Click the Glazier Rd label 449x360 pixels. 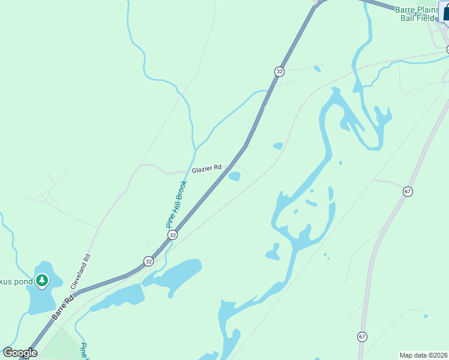(206, 169)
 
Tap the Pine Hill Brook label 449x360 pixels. (177, 204)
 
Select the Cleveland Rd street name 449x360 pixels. (82, 272)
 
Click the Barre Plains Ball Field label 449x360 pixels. (418, 14)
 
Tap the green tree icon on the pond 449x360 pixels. (42, 280)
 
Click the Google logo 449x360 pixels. (20, 353)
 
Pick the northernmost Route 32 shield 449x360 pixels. (279, 71)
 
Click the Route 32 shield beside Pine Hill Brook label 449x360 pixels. (173, 235)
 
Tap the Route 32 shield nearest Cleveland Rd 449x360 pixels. (148, 261)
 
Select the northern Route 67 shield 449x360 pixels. (408, 191)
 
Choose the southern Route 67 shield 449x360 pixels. (362, 337)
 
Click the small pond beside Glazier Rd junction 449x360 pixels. (234, 176)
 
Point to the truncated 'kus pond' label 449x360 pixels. (16, 281)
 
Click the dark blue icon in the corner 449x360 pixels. (445, 11)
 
